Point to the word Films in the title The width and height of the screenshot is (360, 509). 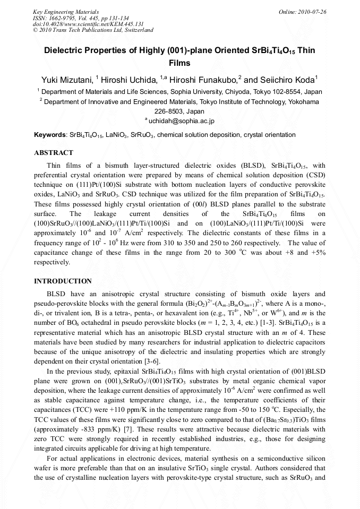click(179, 63)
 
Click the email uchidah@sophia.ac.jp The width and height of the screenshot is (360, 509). click(182, 121)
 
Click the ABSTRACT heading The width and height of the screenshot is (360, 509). click(54, 153)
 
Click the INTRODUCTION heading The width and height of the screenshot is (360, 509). click(63, 281)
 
